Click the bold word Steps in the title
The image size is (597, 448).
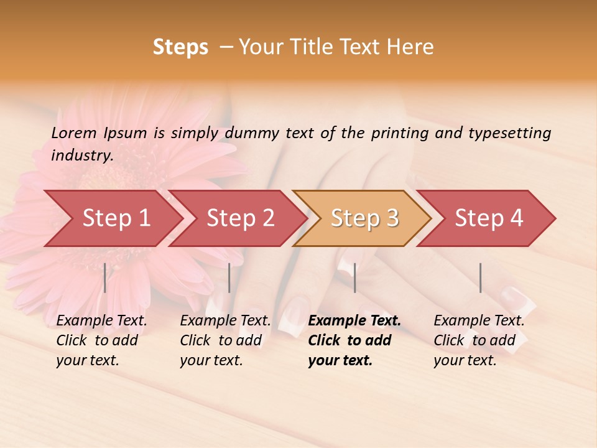pos(180,47)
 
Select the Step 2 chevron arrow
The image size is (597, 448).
pos(240,218)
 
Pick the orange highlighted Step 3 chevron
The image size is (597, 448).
pos(364,218)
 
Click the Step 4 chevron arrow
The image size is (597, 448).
pos(489,218)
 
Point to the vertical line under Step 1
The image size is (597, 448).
pos(105,278)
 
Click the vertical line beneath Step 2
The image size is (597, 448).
pos(229,278)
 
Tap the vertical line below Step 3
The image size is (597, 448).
pos(354,278)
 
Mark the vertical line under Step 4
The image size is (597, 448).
pos(480,278)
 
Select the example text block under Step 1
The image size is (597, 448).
pos(101,340)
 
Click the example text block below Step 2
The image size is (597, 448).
pos(225,340)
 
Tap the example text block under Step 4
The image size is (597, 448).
pos(479,340)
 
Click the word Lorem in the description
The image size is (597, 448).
pos(74,133)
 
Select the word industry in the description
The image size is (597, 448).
pos(82,156)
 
